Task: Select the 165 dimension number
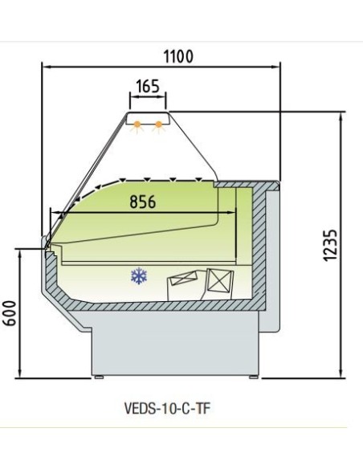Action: tap(148, 85)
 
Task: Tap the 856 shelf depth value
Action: tap(142, 202)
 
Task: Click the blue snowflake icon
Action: tap(140, 277)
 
